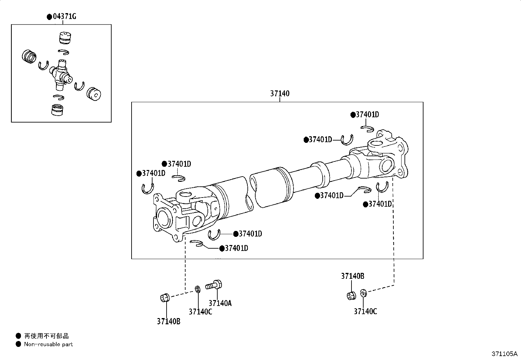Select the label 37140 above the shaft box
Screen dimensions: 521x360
click(x=279, y=94)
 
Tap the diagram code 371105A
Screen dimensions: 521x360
click(x=504, y=354)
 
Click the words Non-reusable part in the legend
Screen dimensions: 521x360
click(x=48, y=344)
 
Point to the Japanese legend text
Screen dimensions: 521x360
click(x=46, y=336)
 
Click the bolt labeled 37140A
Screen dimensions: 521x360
click(x=213, y=285)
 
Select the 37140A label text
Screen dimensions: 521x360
click(x=220, y=303)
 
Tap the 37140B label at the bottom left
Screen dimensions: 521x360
click(x=169, y=321)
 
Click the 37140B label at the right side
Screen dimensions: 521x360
click(x=352, y=276)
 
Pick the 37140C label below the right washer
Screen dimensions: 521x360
click(x=366, y=311)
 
